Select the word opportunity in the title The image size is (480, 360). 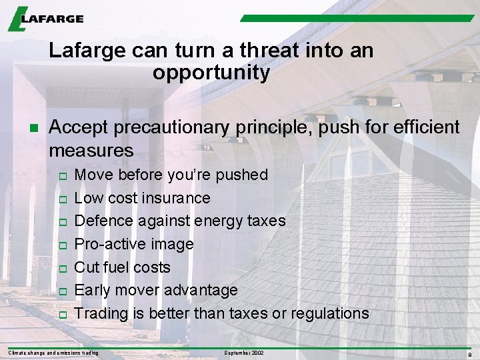(x=211, y=73)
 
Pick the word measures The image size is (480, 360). (x=91, y=150)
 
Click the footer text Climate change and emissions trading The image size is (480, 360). (x=53, y=352)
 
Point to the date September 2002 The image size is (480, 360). (x=244, y=352)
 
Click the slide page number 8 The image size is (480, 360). (x=470, y=353)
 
